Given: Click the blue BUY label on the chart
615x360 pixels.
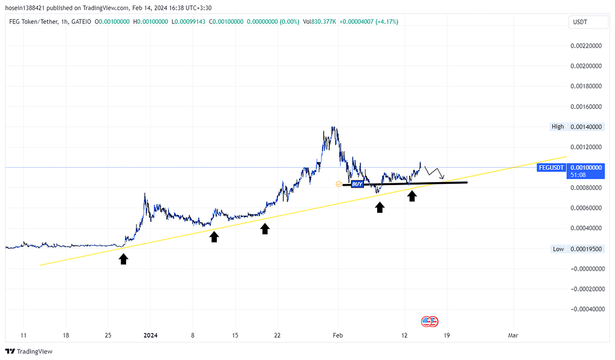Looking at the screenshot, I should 357,184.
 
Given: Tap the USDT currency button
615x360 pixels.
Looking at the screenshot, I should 581,22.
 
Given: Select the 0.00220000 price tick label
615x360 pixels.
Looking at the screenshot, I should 585,46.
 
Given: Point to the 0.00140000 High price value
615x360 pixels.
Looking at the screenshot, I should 585,127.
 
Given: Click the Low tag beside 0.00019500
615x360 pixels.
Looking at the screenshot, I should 558,249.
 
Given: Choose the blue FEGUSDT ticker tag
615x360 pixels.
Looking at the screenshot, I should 551,167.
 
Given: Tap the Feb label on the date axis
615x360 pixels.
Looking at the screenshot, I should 338,335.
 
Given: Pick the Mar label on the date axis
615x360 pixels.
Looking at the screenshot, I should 513,335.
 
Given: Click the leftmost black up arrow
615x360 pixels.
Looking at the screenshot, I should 123,258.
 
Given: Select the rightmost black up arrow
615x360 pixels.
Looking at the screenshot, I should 411,195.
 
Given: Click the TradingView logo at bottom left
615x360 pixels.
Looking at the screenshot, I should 29,352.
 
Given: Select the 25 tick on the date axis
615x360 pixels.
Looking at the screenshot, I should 109,335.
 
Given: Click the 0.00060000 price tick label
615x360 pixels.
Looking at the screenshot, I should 585,208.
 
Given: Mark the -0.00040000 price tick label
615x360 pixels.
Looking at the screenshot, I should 585,309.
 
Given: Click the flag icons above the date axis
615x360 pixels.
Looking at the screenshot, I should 429,322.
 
